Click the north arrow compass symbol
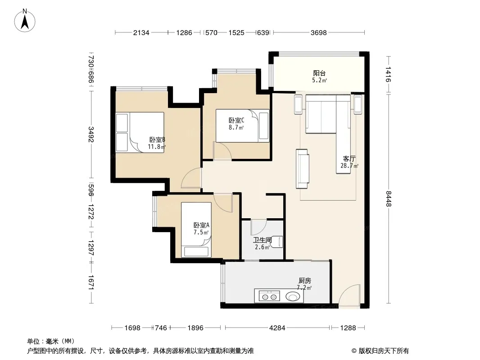coord(25,21)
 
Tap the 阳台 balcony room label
coord(319,73)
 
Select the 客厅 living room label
coord(349,159)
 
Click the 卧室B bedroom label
coord(157,140)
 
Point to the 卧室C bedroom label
coord(236,121)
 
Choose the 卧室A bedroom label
coord(201,225)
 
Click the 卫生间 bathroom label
coord(263,240)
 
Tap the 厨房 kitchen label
coord(305,280)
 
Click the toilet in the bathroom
coord(277,242)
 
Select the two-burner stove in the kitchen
coord(269,297)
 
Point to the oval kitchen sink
coord(293,297)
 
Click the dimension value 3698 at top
coord(319,33)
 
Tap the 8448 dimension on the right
coord(389,198)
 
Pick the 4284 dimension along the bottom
coord(277,328)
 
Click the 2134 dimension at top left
coord(141,33)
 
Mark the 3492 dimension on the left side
coord(91,134)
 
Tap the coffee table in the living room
coord(303,169)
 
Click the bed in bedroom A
coord(196,229)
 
